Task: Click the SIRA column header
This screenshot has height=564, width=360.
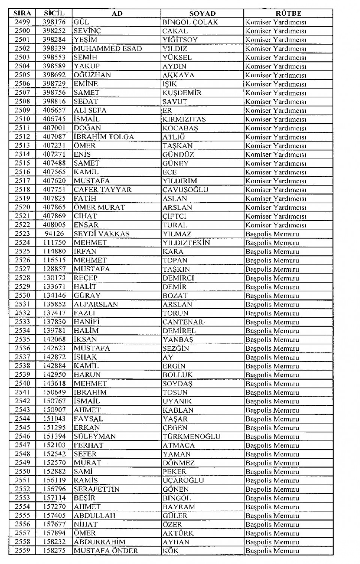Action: (22, 13)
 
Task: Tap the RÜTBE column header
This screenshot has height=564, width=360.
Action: (288, 13)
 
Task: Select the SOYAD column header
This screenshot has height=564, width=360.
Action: (202, 13)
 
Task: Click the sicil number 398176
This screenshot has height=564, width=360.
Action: (54, 22)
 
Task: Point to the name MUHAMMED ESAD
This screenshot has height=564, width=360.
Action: (108, 49)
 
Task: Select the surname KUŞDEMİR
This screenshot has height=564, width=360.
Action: (182, 93)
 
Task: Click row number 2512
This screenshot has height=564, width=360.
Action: (22, 137)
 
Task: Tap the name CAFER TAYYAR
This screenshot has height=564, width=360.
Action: (103, 190)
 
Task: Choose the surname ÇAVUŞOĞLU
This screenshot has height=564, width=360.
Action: (185, 190)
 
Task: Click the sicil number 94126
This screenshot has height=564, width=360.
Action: (54, 234)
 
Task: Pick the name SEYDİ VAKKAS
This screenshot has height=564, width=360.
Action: (102, 234)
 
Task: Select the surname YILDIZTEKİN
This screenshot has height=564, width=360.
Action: (186, 242)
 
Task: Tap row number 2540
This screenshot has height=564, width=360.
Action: (22, 383)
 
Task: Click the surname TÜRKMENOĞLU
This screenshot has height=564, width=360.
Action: (191, 436)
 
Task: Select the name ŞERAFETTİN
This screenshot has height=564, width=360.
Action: (97, 489)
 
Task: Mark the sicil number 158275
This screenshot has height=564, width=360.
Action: (54, 551)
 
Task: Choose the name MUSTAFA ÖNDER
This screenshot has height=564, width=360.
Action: (106, 551)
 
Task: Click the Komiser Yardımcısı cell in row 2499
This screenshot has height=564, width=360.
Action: (276, 22)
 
